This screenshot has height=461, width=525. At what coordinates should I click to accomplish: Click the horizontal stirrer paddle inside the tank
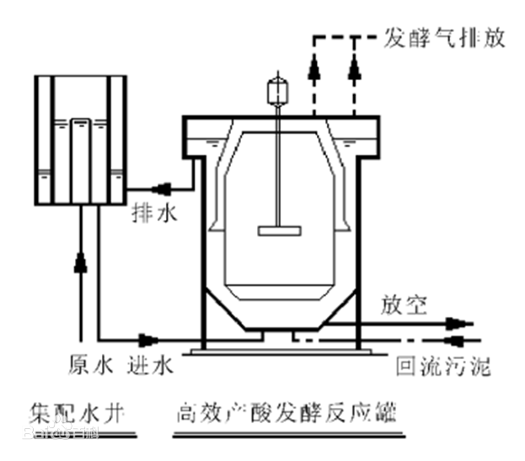278,228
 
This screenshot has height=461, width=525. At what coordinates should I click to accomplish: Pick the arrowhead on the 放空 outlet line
456,323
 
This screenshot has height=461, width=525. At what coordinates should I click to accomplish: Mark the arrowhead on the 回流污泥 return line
456,340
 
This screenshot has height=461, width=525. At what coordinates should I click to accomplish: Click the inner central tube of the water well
81,160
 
